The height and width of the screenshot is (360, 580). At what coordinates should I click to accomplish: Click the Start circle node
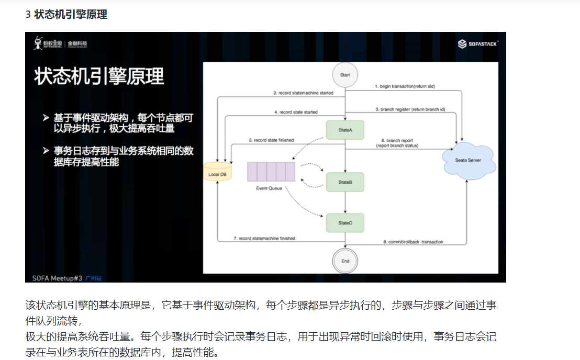tap(345, 75)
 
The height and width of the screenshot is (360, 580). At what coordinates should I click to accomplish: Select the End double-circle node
tap(345, 261)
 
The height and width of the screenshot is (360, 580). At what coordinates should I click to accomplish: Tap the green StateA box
tap(344, 130)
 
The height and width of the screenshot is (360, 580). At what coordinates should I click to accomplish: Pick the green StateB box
tap(344, 182)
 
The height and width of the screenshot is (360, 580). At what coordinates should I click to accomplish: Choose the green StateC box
tap(344, 223)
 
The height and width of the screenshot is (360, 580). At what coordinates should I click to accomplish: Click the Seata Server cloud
tap(468, 161)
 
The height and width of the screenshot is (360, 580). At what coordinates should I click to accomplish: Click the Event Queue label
tap(269, 188)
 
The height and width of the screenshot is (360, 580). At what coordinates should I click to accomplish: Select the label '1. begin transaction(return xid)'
tap(405, 85)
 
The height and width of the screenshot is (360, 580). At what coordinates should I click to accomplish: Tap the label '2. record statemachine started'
tap(303, 93)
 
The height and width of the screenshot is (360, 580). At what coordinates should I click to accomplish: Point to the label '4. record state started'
tap(296, 112)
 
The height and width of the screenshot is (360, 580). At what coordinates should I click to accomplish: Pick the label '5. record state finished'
tap(271, 140)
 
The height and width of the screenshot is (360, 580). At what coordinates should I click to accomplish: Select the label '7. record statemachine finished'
tap(264, 239)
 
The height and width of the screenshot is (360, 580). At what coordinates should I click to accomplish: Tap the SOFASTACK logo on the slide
tap(478, 44)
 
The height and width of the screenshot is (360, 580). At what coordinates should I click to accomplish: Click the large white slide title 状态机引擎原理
tap(99, 76)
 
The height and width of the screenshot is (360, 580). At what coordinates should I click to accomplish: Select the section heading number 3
tap(28, 15)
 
